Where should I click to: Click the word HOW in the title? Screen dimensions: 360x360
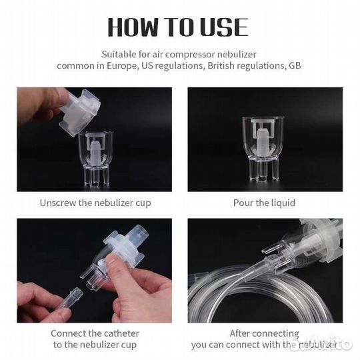click(133, 27)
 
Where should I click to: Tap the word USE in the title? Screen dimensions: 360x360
click(224, 27)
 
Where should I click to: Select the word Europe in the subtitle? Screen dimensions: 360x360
click(123, 66)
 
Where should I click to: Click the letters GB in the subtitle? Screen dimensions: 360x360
click(295, 65)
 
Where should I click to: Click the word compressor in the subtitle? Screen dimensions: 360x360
click(190, 55)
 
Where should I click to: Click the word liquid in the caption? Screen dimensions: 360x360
click(283, 203)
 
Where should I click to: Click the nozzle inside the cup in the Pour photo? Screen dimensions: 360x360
click(263, 141)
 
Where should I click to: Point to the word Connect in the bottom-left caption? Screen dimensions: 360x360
click(67, 333)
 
